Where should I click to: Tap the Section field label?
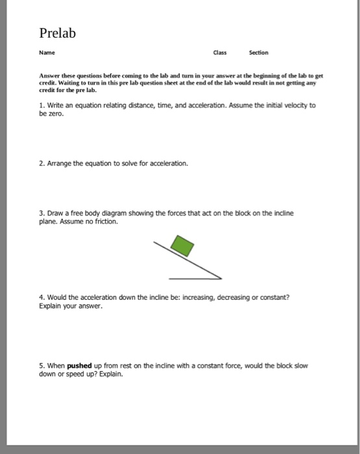(259, 53)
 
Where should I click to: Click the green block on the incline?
(182, 246)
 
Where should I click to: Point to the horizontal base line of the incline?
(195, 278)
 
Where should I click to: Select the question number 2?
(42, 163)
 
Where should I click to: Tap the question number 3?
(42, 212)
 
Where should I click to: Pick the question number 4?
(42, 296)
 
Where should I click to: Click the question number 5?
(42, 366)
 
